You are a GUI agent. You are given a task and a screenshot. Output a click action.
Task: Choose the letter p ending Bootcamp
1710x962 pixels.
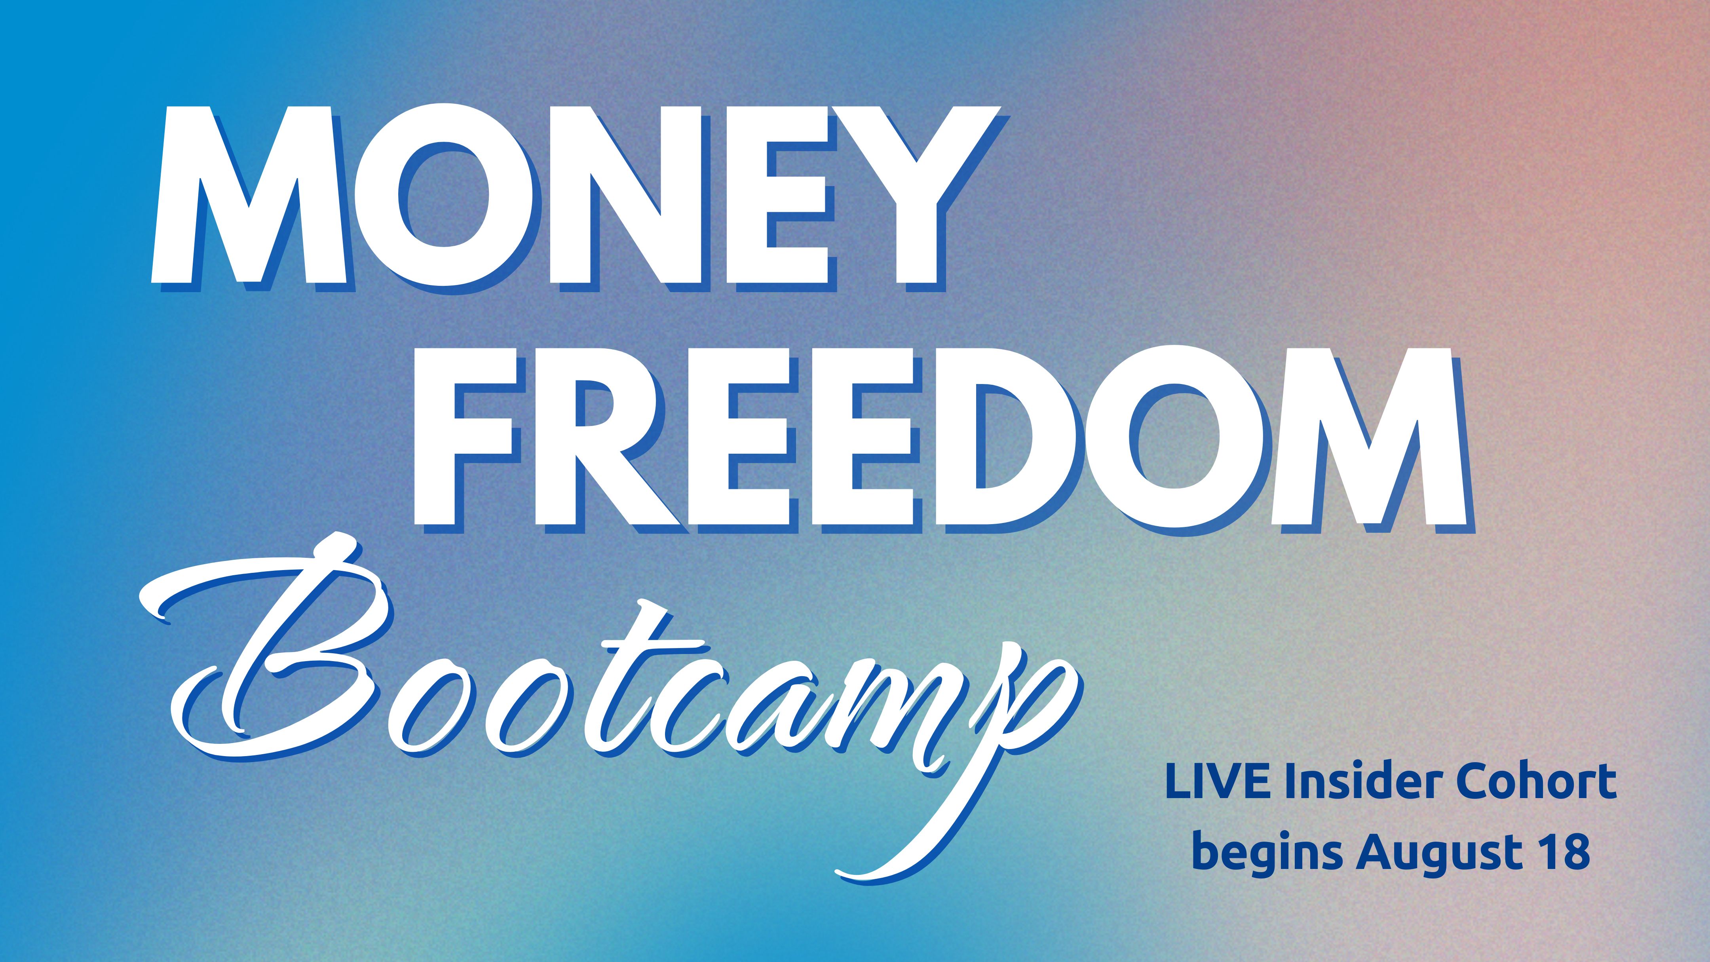coord(996,764)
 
